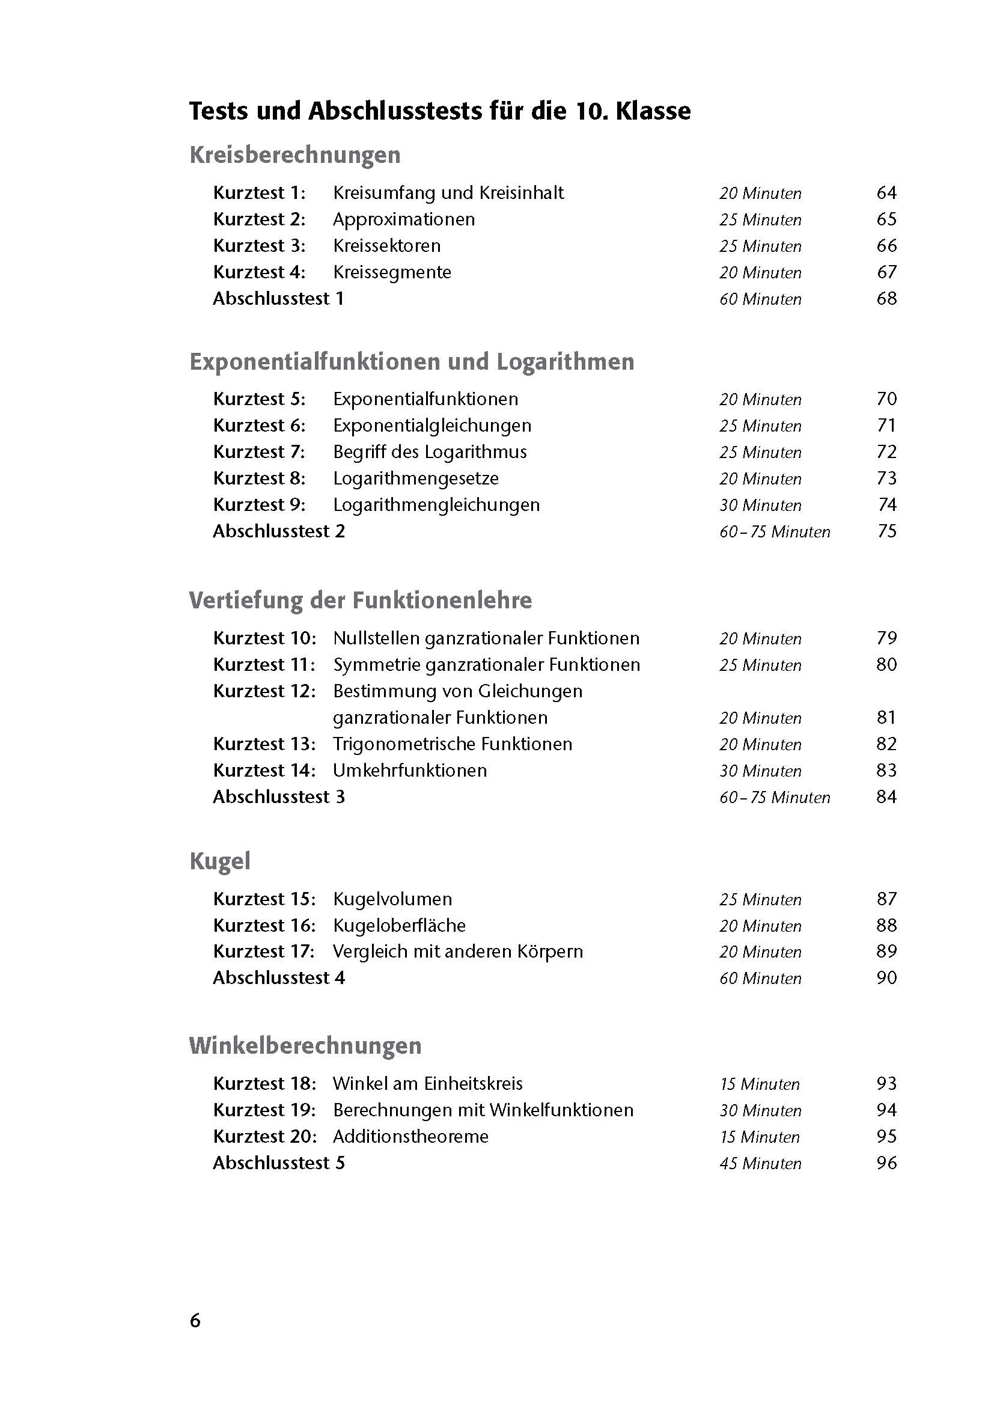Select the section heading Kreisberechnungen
(x=295, y=155)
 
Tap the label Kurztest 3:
(x=259, y=246)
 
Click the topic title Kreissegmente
(x=392, y=272)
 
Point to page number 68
(x=886, y=299)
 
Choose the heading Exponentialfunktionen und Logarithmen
(x=412, y=362)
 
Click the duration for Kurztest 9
(x=760, y=505)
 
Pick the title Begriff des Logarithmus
(x=430, y=452)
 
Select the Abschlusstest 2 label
(x=278, y=531)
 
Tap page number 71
(x=886, y=426)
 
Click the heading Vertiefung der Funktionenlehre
(x=361, y=600)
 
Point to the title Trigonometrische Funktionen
(x=453, y=744)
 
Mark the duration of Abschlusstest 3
(x=774, y=797)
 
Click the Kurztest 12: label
(x=264, y=691)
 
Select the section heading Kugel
(x=220, y=861)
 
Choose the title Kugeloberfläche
(x=399, y=925)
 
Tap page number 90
(x=886, y=978)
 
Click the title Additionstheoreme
(x=410, y=1137)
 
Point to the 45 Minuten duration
(x=760, y=1164)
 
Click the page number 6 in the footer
(x=195, y=1321)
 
